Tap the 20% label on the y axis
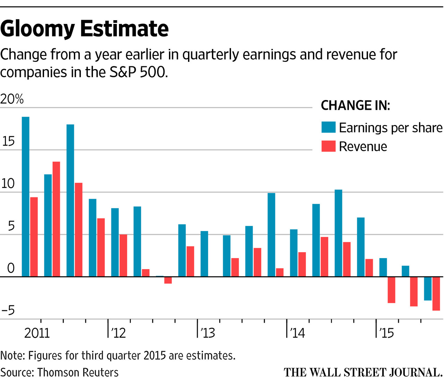click(12, 99)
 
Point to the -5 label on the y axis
click(8, 310)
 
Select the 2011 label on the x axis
click(37, 333)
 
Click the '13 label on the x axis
click(207, 333)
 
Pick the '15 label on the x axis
click(386, 333)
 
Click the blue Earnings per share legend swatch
click(328, 127)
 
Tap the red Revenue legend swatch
click(328, 146)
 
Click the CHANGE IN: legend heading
click(356, 106)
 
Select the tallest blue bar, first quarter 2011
click(26, 197)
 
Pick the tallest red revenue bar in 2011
click(56, 219)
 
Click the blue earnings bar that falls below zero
click(428, 289)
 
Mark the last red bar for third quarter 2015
click(436, 293)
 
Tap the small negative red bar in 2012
click(168, 280)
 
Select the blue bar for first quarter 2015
click(383, 267)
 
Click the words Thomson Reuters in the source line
click(78, 372)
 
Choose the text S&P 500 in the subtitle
click(138, 72)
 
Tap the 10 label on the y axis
click(8, 184)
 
